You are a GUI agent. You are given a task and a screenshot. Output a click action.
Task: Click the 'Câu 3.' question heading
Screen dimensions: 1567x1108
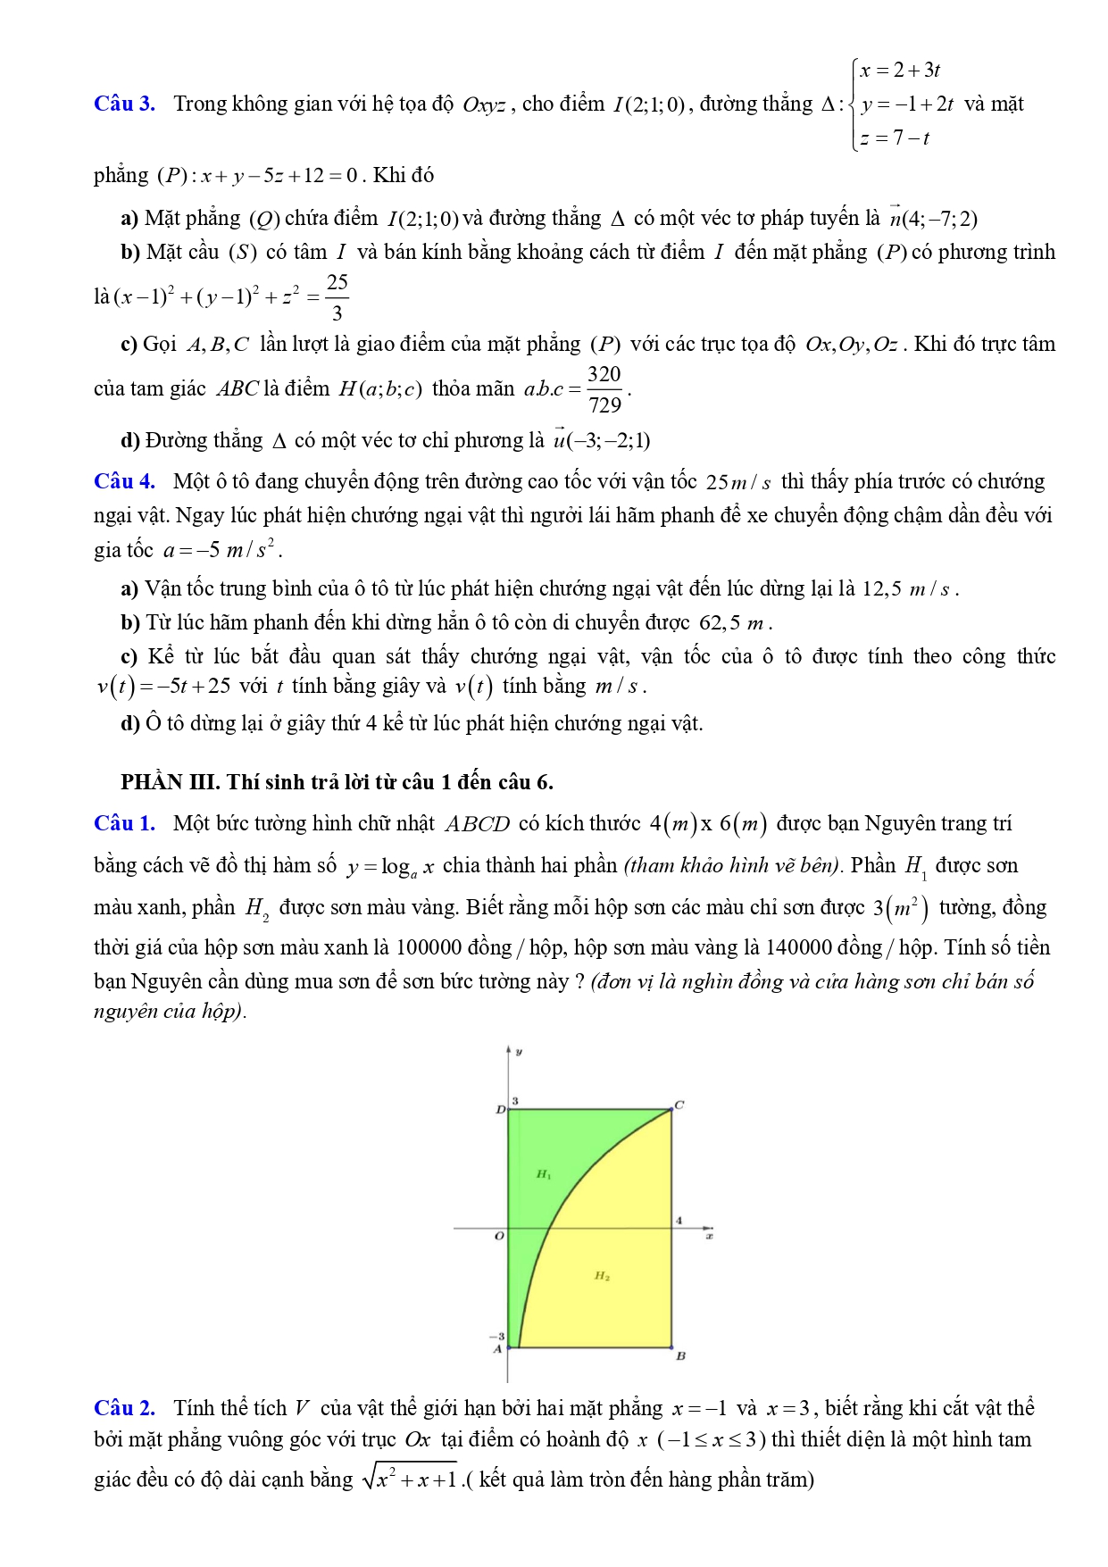(x=124, y=104)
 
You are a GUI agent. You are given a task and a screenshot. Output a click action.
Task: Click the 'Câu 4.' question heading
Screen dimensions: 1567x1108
(x=124, y=482)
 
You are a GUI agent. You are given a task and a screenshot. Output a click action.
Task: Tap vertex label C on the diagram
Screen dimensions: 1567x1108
(x=679, y=1105)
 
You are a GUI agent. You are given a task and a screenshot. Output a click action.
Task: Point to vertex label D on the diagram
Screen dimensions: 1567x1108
(x=500, y=1110)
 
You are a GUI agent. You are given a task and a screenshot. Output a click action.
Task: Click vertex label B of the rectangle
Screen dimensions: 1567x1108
(x=680, y=1355)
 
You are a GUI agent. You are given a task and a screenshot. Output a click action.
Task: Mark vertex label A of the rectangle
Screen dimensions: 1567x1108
(x=498, y=1349)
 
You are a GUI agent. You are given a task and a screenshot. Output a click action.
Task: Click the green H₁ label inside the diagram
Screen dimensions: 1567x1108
(x=544, y=1174)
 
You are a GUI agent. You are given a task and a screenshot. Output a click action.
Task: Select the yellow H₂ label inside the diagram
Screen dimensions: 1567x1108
(x=603, y=1276)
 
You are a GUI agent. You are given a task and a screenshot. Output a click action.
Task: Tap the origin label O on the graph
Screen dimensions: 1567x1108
(x=499, y=1237)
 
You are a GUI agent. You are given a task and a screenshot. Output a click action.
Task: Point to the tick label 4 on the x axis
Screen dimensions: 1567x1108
(x=679, y=1220)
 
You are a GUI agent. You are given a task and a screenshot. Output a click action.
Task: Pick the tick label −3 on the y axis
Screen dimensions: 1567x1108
(x=496, y=1337)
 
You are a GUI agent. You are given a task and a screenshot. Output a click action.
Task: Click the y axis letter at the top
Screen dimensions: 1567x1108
(x=519, y=1052)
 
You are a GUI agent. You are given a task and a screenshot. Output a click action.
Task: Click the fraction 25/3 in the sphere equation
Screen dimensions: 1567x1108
(x=337, y=297)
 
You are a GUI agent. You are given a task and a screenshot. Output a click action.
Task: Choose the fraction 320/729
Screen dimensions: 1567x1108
(x=604, y=389)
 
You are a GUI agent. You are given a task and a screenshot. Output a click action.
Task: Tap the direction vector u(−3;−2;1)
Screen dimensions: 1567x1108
(x=602, y=441)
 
